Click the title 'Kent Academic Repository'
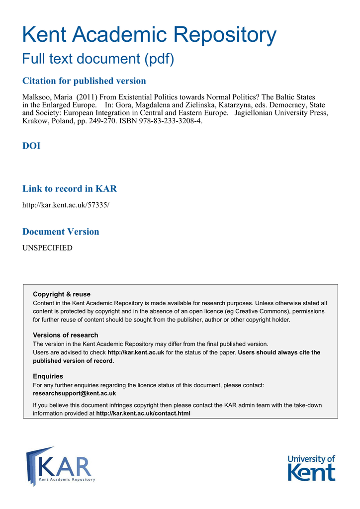pyautogui.click(x=150, y=35)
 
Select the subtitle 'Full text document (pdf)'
pyautogui.click(x=98, y=59)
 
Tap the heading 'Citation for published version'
pyautogui.click(x=85, y=81)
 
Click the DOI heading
pyautogui.click(x=31, y=146)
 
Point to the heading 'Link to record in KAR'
pyautogui.click(x=70, y=189)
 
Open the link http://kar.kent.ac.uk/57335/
pyautogui.click(x=66, y=205)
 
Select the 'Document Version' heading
pyautogui.click(x=61, y=232)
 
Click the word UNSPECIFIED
pyautogui.click(x=47, y=248)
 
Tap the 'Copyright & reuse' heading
pyautogui.click(x=62, y=294)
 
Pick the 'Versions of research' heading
pyautogui.click(x=66, y=335)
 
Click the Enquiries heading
pyautogui.click(x=48, y=376)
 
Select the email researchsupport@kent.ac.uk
pyautogui.click(x=74, y=393)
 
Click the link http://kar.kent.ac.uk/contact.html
pyautogui.click(x=143, y=413)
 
